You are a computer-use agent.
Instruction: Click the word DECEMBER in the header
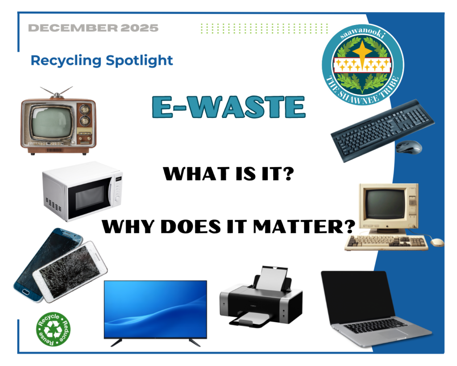click(73, 28)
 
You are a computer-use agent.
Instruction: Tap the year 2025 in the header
click(139, 28)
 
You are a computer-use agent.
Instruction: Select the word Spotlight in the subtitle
click(139, 61)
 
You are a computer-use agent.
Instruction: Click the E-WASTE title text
click(229, 107)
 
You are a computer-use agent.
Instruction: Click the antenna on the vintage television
click(57, 92)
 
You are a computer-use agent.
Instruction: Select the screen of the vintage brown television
click(52, 122)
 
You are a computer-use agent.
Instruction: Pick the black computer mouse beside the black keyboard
click(409, 147)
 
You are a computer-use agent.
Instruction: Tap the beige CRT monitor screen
click(385, 204)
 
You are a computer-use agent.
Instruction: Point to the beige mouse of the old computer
click(437, 242)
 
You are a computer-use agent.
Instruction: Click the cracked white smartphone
click(70, 272)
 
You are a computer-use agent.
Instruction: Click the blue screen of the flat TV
click(155, 308)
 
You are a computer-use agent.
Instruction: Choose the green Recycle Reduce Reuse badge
click(53, 329)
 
